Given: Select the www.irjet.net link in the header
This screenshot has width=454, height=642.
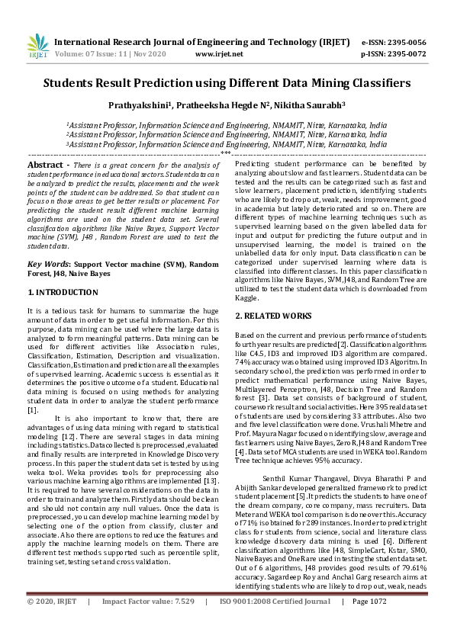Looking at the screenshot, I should click(x=219, y=54).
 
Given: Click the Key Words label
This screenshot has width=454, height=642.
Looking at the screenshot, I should click(x=48, y=264).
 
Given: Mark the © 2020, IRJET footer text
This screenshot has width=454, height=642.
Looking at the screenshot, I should click(x=52, y=623).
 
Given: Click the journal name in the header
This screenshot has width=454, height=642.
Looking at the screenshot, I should click(x=197, y=43).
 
